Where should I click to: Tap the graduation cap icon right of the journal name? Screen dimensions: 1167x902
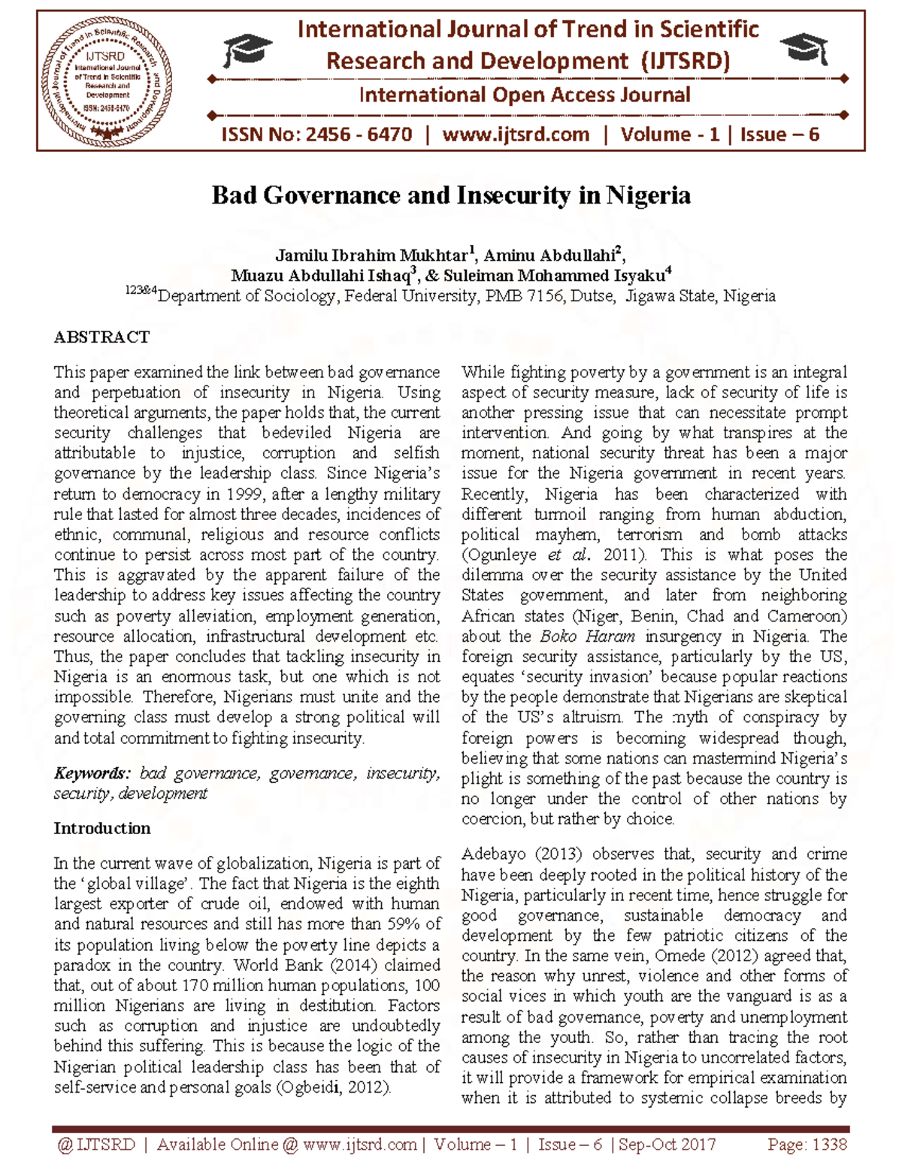(x=804, y=49)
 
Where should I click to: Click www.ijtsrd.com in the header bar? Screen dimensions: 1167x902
(x=516, y=135)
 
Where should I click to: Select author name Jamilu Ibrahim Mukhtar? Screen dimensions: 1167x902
(x=371, y=255)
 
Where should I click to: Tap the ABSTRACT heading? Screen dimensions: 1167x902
(x=101, y=337)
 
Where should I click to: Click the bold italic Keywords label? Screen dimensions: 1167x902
(x=92, y=773)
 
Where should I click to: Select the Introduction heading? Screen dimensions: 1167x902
(x=101, y=828)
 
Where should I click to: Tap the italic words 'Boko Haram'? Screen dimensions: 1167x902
(x=587, y=636)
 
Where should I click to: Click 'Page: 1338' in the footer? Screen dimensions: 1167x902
(x=807, y=1144)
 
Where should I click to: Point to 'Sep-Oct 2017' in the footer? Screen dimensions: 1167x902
(x=666, y=1144)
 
